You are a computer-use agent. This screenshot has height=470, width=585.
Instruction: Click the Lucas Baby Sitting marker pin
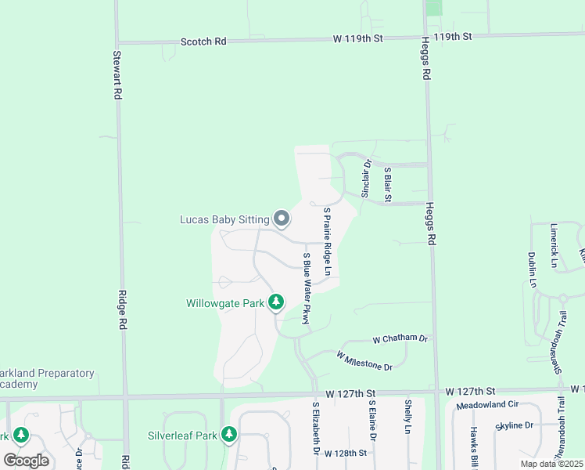(x=281, y=219)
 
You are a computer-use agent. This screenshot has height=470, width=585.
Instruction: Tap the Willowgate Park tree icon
(x=275, y=302)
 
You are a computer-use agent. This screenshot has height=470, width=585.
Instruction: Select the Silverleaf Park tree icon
(x=228, y=433)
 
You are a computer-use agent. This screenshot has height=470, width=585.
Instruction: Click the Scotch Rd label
(x=203, y=41)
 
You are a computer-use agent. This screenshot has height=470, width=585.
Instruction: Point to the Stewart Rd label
(x=117, y=75)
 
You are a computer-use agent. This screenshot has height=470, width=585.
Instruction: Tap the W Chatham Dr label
(x=400, y=339)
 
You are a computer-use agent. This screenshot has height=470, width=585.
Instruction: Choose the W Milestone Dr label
(x=364, y=360)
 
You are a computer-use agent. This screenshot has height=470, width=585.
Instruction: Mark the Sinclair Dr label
(x=366, y=179)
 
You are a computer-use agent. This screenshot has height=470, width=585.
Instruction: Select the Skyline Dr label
(x=515, y=425)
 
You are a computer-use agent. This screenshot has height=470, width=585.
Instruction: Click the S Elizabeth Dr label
(x=316, y=428)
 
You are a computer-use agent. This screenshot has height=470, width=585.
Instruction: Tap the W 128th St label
(x=345, y=454)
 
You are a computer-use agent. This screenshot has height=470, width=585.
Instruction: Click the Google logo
(x=26, y=460)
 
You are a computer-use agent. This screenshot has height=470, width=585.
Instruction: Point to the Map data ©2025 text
(x=551, y=464)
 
